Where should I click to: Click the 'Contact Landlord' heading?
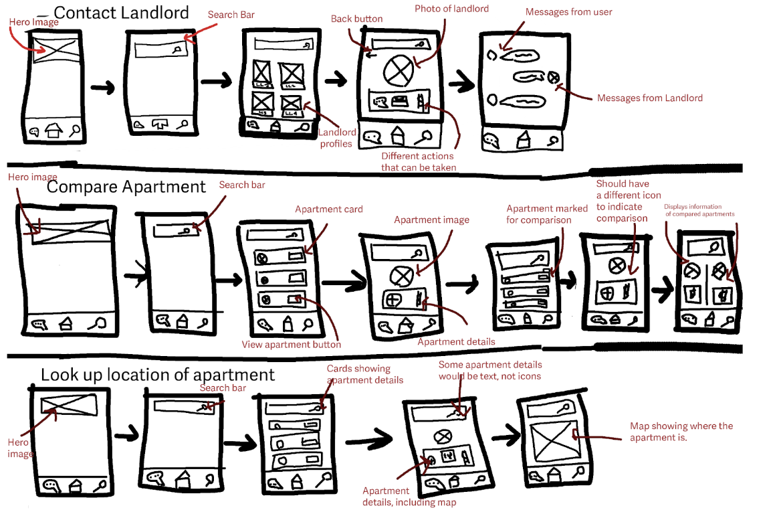(121, 12)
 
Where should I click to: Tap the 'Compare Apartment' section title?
(126, 187)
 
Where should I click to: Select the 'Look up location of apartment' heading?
(158, 375)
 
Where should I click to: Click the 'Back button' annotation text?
(356, 19)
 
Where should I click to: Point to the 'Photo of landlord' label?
(451, 9)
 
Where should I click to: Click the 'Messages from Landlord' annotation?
(649, 98)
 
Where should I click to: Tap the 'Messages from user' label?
(568, 12)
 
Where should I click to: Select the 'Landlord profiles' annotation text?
(336, 138)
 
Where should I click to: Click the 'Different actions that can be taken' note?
(419, 161)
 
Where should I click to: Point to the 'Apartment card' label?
(329, 209)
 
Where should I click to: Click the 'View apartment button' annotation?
(291, 345)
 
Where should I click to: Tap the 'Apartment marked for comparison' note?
(547, 214)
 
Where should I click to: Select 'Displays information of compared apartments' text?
(699, 210)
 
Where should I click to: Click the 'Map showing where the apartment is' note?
(681, 432)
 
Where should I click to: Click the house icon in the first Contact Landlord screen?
(53, 131)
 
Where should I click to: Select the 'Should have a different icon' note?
(629, 201)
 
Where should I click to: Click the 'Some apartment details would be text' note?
(489, 370)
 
